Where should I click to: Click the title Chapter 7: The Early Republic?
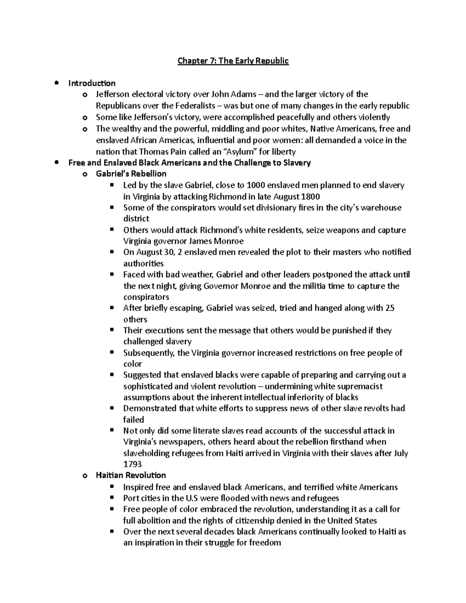[x=233, y=61]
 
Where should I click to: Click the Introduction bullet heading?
[x=92, y=83]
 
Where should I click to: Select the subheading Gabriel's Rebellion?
[x=131, y=174]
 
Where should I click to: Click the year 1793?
[x=132, y=464]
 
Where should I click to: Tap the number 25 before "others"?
[x=389, y=308]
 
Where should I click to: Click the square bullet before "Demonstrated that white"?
[x=112, y=408]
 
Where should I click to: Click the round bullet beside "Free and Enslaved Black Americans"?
[x=57, y=162]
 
